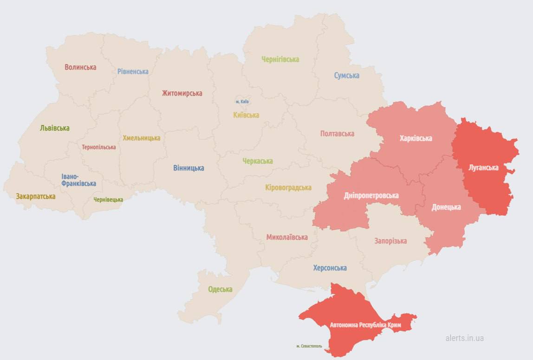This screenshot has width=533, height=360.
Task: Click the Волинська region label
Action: pos(80,67)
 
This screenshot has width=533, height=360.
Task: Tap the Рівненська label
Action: pos(133,72)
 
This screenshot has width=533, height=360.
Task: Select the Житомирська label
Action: pos(182,93)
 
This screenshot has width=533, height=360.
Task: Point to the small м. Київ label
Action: pos(242,101)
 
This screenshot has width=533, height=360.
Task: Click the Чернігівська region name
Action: pos(280,59)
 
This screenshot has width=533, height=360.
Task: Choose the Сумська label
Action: pos(346,76)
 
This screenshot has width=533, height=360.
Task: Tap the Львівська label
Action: pos(55,128)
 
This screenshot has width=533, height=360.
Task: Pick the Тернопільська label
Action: pos(99,147)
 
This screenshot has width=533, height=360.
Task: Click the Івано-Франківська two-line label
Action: pos(78,180)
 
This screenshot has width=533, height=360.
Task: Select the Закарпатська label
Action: pos(35,196)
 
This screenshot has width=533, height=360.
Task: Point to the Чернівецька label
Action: pos(108,200)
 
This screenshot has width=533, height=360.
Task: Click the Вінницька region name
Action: pos(188,168)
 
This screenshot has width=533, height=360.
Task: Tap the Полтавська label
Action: pos(337,134)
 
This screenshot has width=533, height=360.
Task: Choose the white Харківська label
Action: pos(416,138)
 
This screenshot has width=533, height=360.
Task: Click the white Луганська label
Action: pos(483,168)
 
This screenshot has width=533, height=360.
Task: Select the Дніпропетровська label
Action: pos(371,196)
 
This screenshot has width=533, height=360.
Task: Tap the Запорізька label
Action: pos(390,241)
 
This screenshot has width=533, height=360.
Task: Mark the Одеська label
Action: pos(220,289)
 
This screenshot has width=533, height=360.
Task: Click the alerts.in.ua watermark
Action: pos(464,338)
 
